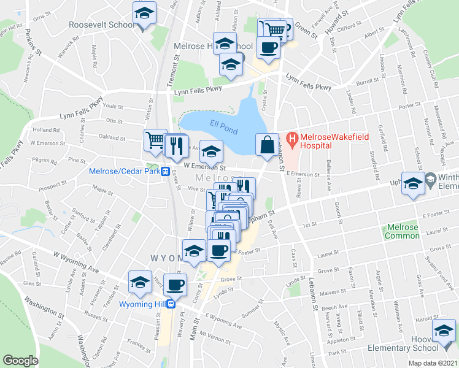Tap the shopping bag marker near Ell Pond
click(x=267, y=145)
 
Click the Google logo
click(x=21, y=361)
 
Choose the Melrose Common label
click(x=402, y=231)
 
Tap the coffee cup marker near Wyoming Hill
click(x=175, y=284)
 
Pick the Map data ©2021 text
click(x=432, y=363)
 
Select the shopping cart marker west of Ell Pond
click(x=156, y=140)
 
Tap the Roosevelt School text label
click(x=101, y=25)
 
